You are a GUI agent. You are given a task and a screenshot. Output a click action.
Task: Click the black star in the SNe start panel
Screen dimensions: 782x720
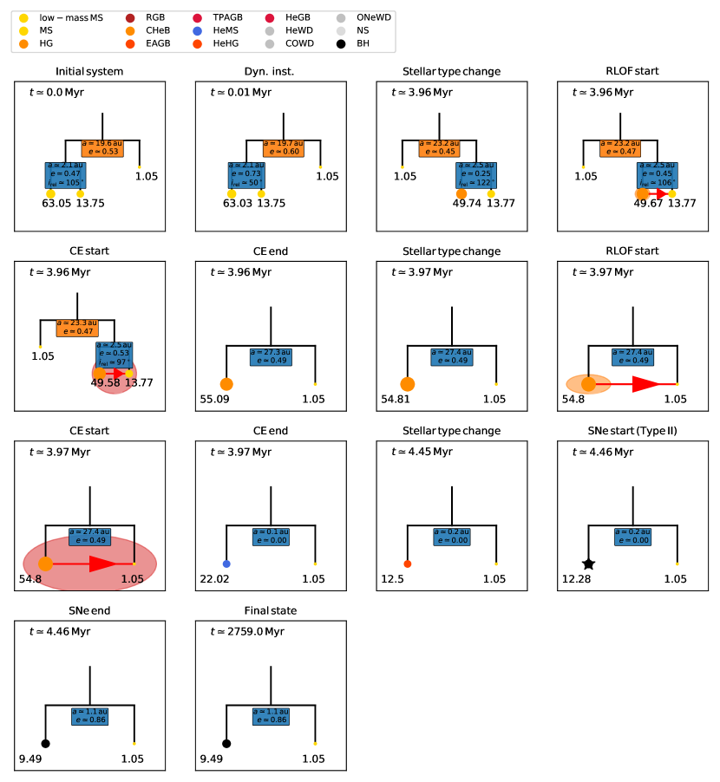(x=588, y=564)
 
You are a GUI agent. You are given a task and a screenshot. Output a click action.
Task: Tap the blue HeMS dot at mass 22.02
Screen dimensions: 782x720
(x=226, y=564)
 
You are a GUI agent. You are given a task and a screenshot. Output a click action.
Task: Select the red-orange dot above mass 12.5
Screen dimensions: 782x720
(x=408, y=564)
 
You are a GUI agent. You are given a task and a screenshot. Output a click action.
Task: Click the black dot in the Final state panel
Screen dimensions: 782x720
(x=226, y=743)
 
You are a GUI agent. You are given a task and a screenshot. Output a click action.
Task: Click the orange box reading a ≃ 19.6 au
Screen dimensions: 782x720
(x=103, y=147)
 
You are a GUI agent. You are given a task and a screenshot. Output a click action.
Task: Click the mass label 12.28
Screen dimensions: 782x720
(x=577, y=579)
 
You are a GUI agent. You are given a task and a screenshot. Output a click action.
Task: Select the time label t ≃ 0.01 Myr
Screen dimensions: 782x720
(x=240, y=93)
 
